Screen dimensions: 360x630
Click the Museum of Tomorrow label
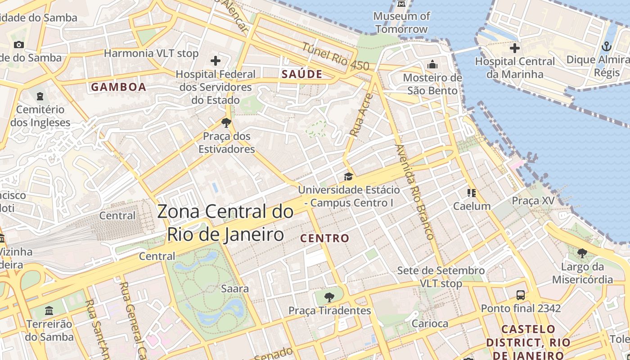tap(401, 22)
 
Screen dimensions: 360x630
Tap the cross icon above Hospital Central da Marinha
tap(515, 48)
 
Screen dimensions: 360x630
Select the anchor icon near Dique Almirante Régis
tap(607, 46)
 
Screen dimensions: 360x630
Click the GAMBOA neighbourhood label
tap(119, 87)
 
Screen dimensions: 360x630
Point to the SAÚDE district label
tap(302, 75)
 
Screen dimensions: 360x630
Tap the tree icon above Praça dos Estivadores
tap(226, 122)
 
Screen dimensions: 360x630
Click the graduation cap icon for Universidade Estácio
tap(348, 176)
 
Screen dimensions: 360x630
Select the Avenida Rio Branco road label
tap(414, 192)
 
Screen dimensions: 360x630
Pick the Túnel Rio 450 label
tap(335, 57)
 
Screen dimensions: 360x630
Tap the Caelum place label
tap(472, 207)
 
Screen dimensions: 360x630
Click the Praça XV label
tap(533, 201)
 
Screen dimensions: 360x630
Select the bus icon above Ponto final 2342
tap(521, 295)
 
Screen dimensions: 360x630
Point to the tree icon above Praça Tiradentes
tap(329, 297)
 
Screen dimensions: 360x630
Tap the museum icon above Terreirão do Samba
tap(49, 310)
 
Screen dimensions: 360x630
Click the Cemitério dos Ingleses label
tap(40, 116)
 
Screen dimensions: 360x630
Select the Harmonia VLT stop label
tap(151, 54)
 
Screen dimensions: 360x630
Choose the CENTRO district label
tap(324, 238)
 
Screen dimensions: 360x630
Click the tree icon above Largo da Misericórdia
tap(582, 253)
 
